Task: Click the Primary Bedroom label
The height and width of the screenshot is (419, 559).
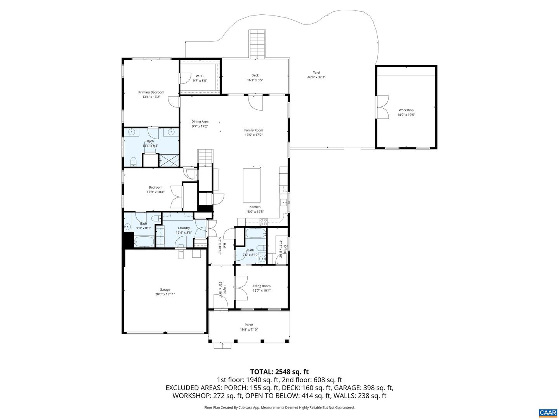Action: pos(151,92)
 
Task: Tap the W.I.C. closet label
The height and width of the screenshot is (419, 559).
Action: pos(200,76)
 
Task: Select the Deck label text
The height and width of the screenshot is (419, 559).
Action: pos(255,76)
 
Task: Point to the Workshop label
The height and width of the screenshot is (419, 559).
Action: pos(406,110)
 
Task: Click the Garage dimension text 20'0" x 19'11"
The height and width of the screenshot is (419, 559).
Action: pos(165,294)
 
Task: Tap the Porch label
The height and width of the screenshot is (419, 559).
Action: pos(249,325)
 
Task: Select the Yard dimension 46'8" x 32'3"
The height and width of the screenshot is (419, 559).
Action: pos(316,77)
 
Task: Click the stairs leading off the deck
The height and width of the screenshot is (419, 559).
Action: pos(257,44)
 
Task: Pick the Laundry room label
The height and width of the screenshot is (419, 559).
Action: pos(184,228)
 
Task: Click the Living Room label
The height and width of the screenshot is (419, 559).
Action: pos(262,286)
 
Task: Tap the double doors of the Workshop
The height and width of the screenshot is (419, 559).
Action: pos(382,107)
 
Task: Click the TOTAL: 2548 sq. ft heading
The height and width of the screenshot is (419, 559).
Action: pos(279,372)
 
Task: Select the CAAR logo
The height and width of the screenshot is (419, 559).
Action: pos(547,412)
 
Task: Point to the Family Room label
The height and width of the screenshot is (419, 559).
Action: pos(253,130)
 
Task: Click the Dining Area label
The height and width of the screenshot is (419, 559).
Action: pos(200,121)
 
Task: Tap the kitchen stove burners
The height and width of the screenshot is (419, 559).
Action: pos(264,222)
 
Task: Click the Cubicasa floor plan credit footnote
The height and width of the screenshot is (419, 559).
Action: pos(279,408)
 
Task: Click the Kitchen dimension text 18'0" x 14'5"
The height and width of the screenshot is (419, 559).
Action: pos(255,212)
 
